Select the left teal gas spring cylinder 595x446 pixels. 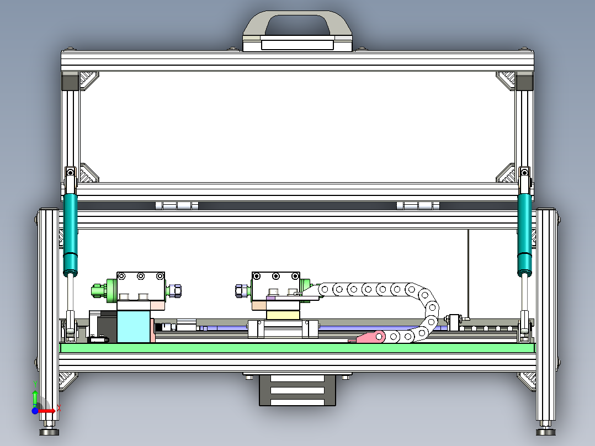pos(70,232)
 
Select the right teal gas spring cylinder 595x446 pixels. pos(525,232)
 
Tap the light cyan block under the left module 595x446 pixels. pos(134,327)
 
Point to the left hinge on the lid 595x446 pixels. pos(177,206)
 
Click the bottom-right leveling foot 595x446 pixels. pos(545,431)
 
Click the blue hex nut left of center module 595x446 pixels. pos(241,290)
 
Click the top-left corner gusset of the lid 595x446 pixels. pos(87,81)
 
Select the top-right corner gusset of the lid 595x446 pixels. pos(507,81)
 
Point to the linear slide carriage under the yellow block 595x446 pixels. pos(283,329)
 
